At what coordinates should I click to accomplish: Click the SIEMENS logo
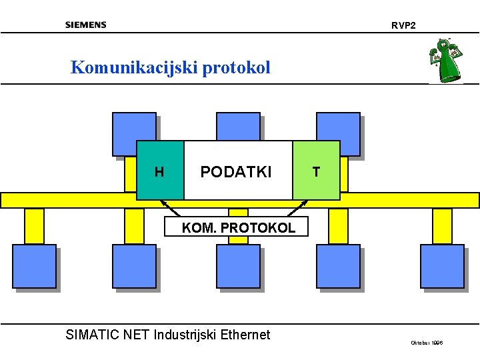pos(85,25)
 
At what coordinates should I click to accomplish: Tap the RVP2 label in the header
pos(403,25)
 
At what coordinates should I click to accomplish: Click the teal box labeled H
pos(160,171)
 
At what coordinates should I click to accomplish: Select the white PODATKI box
pos(237,171)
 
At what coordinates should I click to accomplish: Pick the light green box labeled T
pos(316,171)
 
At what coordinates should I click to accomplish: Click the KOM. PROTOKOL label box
pos(238,227)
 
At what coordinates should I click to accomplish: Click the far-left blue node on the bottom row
pos(34,266)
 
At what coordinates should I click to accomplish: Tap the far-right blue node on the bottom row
pos(442,266)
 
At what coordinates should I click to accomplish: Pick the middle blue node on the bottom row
pos(238,266)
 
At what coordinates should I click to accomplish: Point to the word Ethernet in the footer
pos(246,335)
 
